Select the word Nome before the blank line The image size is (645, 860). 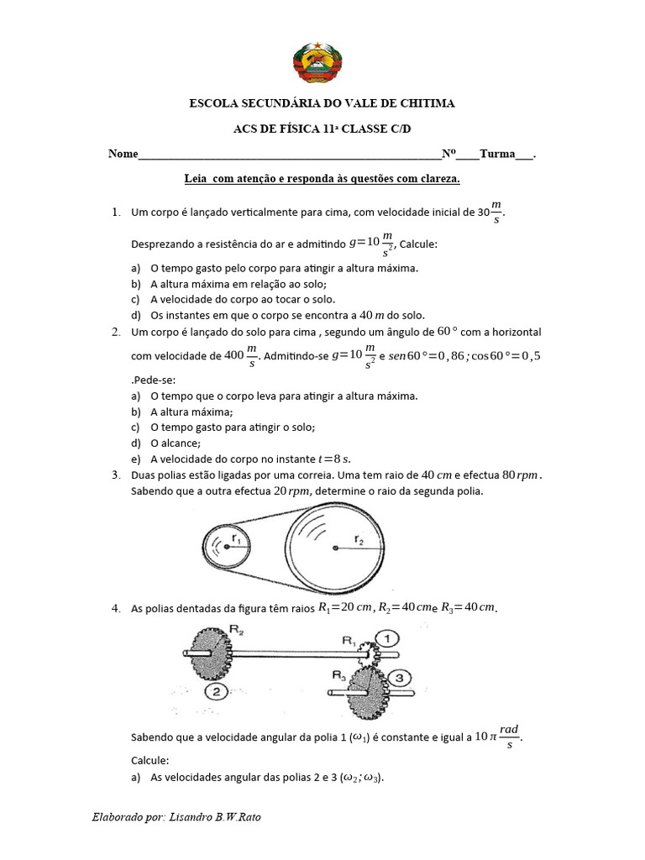122,155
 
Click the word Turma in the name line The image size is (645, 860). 496,155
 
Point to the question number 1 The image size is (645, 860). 115,213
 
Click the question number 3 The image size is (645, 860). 115,475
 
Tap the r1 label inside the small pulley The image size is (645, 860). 237,541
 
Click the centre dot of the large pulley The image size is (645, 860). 335,548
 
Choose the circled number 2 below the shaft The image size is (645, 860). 217,691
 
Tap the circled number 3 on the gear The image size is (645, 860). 400,677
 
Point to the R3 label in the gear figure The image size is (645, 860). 338,674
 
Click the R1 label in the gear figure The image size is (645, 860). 348,640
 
